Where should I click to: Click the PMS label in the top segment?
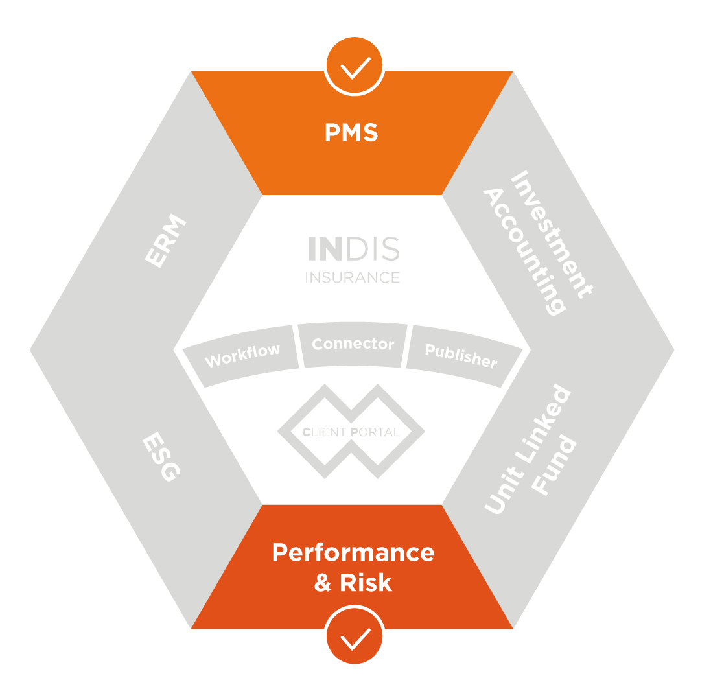[x=351, y=133]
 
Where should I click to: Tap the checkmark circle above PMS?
[x=355, y=65]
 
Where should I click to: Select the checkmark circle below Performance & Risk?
[x=355, y=636]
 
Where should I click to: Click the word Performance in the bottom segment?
[x=353, y=552]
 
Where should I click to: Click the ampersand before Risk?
[x=323, y=583]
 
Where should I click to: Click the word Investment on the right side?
[x=551, y=234]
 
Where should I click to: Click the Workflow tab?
[x=242, y=355]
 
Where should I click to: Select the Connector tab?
[x=353, y=344]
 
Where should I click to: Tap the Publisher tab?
[x=461, y=355]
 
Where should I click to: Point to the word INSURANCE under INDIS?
[x=353, y=277]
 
